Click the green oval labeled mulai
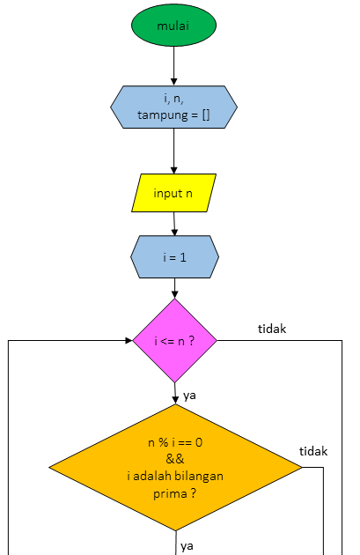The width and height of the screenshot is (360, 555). tap(173, 26)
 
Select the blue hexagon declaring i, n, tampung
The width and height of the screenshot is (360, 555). tap(173, 107)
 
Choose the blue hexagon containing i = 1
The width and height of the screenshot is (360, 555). tap(173, 256)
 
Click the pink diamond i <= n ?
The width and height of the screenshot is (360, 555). tap(174, 341)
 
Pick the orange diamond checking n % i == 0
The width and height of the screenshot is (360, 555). tap(175, 467)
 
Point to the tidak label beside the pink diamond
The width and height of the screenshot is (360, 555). tap(272, 329)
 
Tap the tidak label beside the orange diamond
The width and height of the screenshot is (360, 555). tap(313, 451)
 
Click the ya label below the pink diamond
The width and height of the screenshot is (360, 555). tap(189, 396)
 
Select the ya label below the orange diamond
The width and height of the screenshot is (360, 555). tap(187, 546)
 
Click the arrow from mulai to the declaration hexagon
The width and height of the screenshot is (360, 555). tap(174, 66)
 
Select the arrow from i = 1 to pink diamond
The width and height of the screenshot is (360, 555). tap(174, 288)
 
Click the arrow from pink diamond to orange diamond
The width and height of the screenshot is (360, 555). tap(174, 394)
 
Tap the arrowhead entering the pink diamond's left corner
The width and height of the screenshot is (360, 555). tap(127, 341)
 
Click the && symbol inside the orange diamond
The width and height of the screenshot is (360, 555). tap(174, 460)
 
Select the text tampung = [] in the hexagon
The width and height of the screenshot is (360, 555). tap(173, 115)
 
